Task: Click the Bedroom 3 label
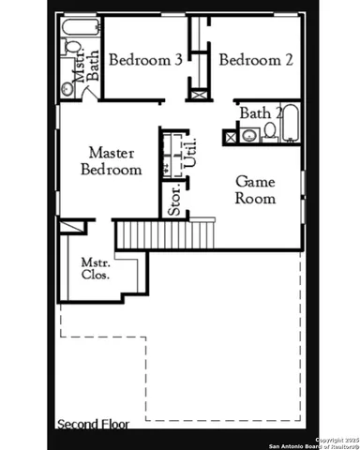tap(144, 60)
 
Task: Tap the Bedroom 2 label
tap(256, 60)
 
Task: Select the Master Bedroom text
tap(111, 160)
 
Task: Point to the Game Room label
tap(254, 189)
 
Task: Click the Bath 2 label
tap(257, 113)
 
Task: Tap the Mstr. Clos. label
tap(94, 268)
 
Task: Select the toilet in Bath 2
tap(268, 131)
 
